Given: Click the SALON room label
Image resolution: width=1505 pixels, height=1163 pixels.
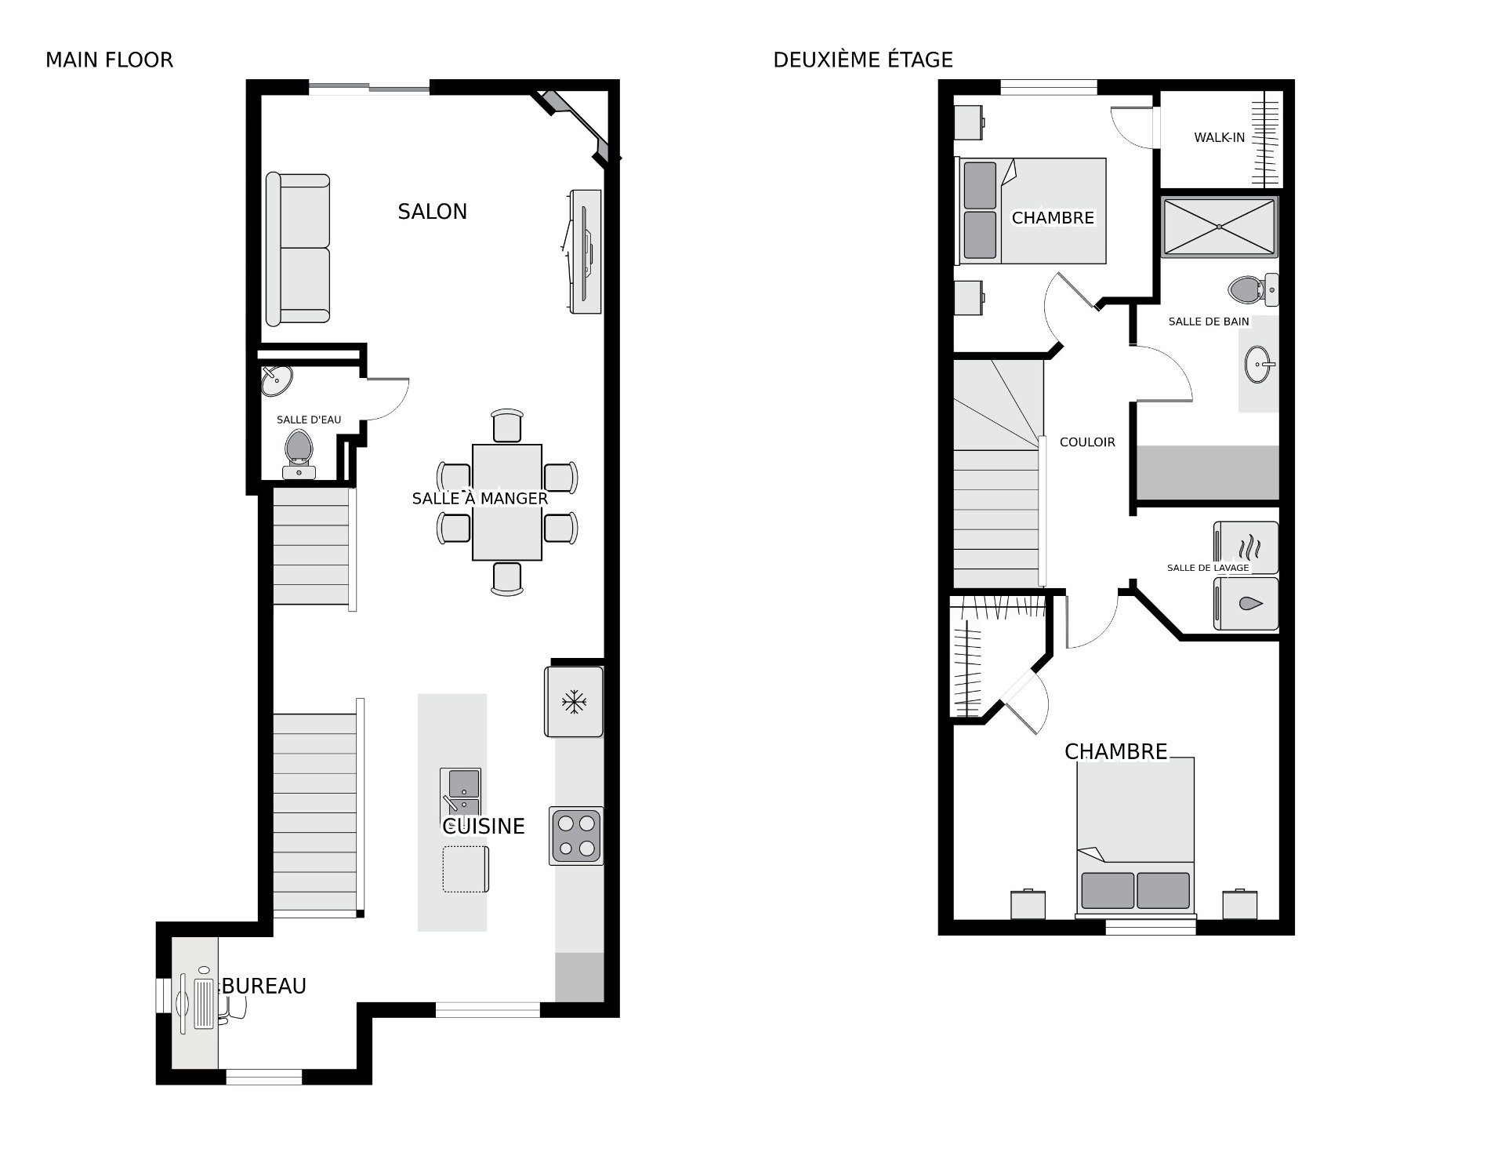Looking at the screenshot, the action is pos(432,212).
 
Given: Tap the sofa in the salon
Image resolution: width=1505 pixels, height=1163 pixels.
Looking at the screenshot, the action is pos(298,249).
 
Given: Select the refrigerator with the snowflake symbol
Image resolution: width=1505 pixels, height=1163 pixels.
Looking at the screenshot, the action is pos(574,702).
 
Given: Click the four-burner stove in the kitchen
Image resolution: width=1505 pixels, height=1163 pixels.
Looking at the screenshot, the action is pos(576,836).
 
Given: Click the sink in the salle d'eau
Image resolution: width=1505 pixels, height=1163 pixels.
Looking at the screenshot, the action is pos(276,380).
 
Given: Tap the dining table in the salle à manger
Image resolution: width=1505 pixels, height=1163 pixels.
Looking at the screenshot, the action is pos(507,503).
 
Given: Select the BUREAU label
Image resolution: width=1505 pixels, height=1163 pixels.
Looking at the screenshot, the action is pos(264,987).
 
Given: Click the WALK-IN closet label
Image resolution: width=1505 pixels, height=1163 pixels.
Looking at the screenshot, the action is pos(1219,138).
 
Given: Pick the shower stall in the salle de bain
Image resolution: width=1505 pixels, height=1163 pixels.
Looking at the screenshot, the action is pos(1219,227).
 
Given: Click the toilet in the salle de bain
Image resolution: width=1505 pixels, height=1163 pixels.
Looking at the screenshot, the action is pos(1253,289).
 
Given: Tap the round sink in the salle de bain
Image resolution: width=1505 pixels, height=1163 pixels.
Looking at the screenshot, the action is pos(1259,364).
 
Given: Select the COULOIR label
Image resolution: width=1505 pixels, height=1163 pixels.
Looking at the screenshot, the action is pos(1087,442).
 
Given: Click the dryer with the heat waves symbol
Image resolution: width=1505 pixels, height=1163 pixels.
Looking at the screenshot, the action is pos(1246,547).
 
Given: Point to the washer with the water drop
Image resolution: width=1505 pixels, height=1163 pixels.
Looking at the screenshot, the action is pos(1246,604).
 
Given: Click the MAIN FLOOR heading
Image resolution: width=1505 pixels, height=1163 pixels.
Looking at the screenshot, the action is pos(109,60).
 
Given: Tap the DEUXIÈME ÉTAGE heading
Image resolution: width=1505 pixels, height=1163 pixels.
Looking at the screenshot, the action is pos(863,60).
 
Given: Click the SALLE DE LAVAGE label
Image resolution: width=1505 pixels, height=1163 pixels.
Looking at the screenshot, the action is pos(1208,568).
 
